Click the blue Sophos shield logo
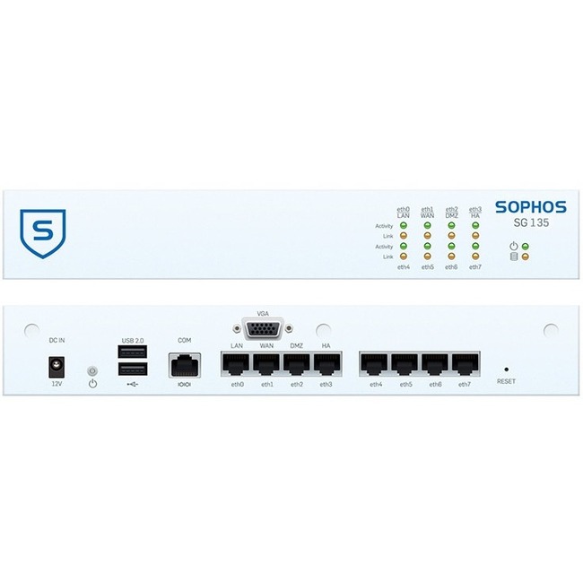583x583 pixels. tap(43, 233)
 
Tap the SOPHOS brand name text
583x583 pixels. tap(531, 207)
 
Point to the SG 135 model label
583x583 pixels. tap(531, 222)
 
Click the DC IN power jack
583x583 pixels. tap(57, 367)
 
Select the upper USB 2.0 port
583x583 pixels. tap(133, 352)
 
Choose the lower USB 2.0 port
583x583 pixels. tap(133, 370)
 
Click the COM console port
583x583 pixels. tap(185, 365)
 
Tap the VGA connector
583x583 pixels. tap(263, 328)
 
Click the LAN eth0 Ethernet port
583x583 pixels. tap(236, 364)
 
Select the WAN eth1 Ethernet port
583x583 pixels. tap(266, 364)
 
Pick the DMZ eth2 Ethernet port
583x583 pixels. tap(296, 364)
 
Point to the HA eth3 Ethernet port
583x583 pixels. tap(326, 364)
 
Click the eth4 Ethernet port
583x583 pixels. tap(374, 364)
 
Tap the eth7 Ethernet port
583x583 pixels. tap(466, 364)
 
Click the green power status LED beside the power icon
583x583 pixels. tap(526, 246)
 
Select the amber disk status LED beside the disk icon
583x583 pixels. tap(526, 257)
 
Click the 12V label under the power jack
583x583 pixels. tap(57, 384)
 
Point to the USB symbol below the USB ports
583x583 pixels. tap(133, 384)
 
